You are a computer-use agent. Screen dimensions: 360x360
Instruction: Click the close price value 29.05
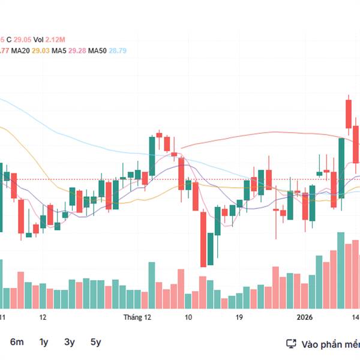tap(23, 39)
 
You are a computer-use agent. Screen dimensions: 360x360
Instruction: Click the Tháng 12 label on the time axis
tap(137, 317)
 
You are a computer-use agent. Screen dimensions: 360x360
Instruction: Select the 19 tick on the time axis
tap(239, 317)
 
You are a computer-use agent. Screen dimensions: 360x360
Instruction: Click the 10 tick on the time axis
tap(188, 317)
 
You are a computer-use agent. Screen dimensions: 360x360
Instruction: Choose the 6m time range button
tap(17, 342)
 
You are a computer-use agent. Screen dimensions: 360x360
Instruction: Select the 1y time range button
tap(44, 342)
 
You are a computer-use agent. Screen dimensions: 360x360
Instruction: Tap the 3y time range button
tap(70, 342)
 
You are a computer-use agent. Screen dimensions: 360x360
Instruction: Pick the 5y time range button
tap(96, 342)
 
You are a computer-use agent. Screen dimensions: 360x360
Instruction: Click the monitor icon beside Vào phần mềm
tap(291, 344)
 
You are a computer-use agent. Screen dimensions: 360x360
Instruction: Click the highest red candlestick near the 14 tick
tap(348, 114)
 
